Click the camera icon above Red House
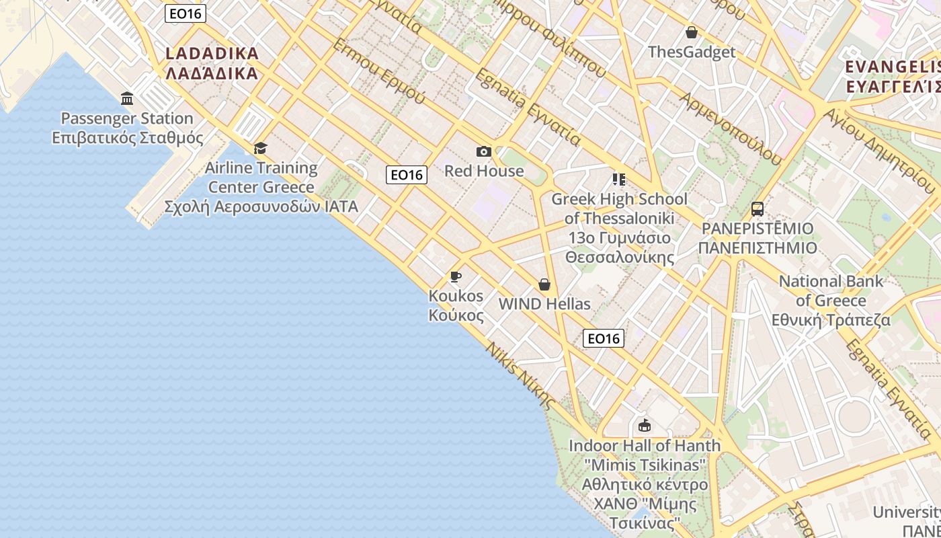click(483, 151)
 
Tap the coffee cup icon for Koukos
click(456, 276)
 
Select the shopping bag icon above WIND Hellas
click(544, 284)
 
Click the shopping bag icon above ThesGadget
click(691, 32)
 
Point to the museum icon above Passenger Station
click(127, 99)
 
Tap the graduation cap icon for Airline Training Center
click(260, 148)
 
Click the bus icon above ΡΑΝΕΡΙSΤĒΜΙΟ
click(758, 208)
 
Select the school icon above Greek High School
click(619, 180)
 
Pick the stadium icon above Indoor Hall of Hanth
click(645, 425)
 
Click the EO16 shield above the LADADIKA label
click(185, 13)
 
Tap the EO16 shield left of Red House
click(407, 175)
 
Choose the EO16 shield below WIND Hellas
click(604, 338)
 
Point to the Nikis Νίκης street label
click(521, 376)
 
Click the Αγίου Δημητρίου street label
click(880, 151)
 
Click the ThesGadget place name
click(691, 52)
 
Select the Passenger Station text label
click(127, 119)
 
